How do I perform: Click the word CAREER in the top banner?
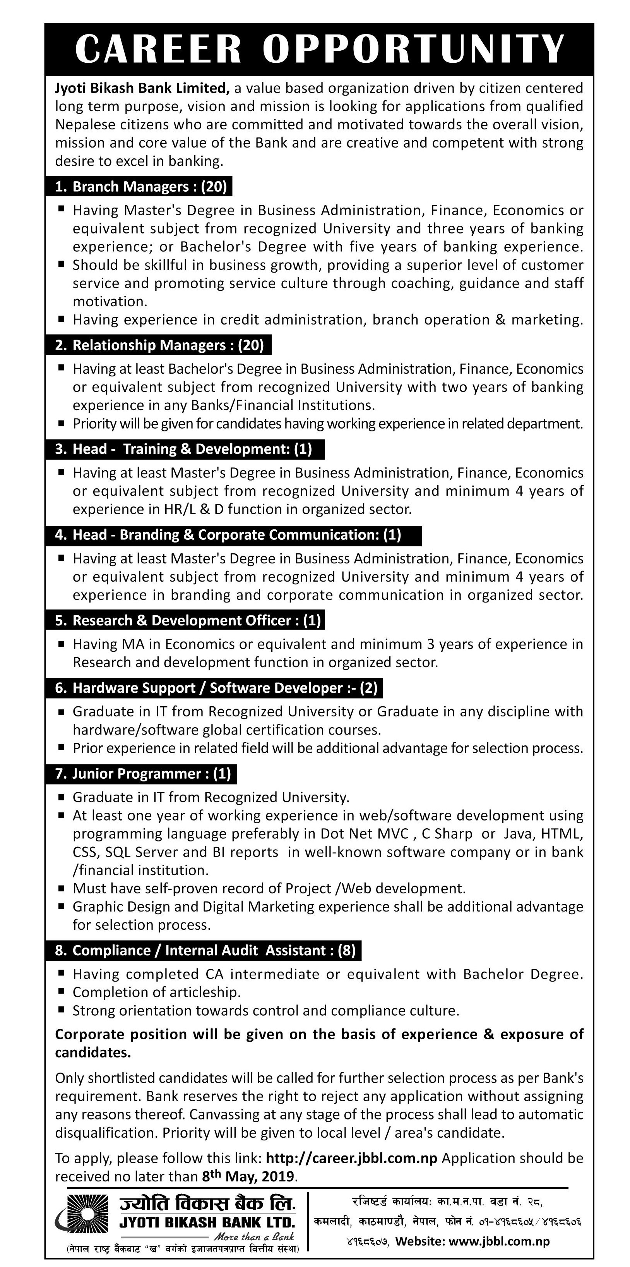(158, 49)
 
